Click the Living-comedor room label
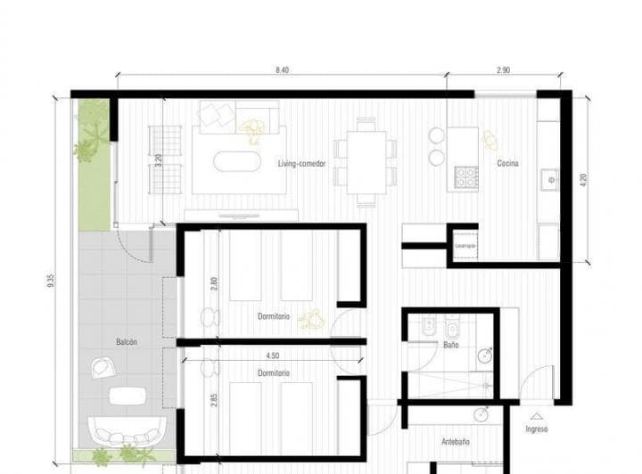point(301,164)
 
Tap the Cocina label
point(508,164)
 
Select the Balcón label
point(126,341)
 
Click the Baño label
point(450,344)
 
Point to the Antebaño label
point(456,442)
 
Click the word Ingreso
point(537,429)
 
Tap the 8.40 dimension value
point(282,69)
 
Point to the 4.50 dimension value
point(260,355)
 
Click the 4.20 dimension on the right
point(583,178)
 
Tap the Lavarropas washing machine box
point(465,244)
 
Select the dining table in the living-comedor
point(366,163)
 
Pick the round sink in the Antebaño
point(482,413)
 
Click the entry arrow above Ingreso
point(537,415)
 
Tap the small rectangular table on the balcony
point(130,396)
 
